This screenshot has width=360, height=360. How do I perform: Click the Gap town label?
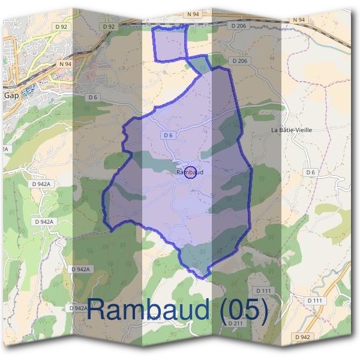tap(11, 95)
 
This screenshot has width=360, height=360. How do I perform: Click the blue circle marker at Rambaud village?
tap(190, 172)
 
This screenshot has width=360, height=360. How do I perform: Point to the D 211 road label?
tap(236, 323)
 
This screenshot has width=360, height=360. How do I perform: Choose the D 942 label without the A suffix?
tap(303, 338)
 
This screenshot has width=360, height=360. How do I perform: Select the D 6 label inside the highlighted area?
tap(169, 136)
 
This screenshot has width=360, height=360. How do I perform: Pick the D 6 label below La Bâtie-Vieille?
tap(310, 172)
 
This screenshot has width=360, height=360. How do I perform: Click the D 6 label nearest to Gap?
tap(92, 97)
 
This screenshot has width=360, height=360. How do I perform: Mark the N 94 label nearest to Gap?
tap(65, 63)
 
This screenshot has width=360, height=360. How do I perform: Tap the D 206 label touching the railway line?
tap(238, 26)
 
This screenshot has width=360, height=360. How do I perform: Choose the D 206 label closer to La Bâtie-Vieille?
tap(239, 61)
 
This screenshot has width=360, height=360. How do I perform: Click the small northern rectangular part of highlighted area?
tap(170, 43)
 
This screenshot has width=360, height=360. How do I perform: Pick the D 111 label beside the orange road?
tap(314, 300)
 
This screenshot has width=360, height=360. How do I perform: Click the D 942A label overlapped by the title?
tap(79, 308)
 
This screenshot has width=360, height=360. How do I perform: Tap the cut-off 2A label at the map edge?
tap(4, 149)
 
